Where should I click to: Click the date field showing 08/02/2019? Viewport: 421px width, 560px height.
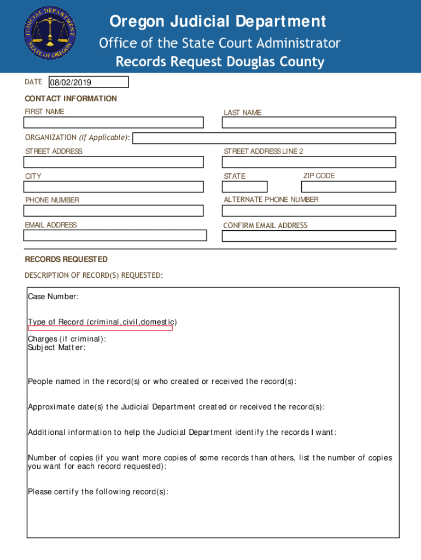89,83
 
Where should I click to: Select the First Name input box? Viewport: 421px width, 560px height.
113,122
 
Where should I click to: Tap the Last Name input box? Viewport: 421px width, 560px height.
308,123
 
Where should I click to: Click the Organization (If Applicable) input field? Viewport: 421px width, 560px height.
264,138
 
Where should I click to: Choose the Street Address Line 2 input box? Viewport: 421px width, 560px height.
308,162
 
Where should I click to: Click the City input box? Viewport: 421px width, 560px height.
113,186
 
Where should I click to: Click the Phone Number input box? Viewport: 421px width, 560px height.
113,211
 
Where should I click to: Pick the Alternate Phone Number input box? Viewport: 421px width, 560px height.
308,211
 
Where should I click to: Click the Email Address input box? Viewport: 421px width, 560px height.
115,235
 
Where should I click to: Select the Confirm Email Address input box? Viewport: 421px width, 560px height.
308,236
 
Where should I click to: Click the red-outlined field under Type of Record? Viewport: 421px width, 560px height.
100,328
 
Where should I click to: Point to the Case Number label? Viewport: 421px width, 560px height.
53,297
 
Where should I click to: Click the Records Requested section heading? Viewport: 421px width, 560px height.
66,259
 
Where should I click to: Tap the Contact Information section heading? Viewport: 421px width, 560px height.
71,98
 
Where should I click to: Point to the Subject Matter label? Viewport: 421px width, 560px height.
56,348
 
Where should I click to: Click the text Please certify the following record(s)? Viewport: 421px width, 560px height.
98,492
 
